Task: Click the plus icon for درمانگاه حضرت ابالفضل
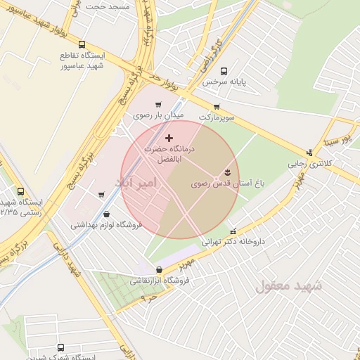tap(169, 139)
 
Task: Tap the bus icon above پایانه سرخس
tap(224, 71)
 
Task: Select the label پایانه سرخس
tap(224, 82)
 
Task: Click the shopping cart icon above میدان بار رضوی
tap(158, 105)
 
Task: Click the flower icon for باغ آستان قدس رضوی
tap(227, 172)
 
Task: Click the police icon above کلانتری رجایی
tap(309, 153)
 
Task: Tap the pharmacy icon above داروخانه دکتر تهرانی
tap(233, 231)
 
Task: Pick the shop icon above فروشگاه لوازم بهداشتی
tap(106, 214)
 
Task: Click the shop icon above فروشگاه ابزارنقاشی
tap(159, 269)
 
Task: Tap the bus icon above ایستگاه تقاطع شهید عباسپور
tap(83, 44)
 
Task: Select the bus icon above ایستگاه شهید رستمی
tap(20, 191)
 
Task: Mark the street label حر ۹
tap(148, 298)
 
